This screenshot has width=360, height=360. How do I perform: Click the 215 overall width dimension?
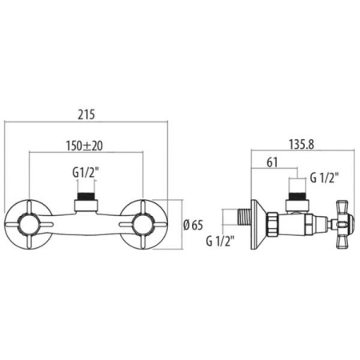(x=86, y=114)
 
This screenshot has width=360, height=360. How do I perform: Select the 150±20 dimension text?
(x=84, y=146)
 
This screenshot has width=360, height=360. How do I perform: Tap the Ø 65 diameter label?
(x=193, y=226)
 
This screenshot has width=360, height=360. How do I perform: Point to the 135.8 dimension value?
(x=302, y=145)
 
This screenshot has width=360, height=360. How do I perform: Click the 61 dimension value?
(x=272, y=162)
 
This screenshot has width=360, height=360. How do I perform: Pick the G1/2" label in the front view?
(x=86, y=173)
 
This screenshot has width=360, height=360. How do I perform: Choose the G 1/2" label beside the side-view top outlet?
(x=324, y=178)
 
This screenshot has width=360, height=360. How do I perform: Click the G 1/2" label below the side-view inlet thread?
(x=220, y=242)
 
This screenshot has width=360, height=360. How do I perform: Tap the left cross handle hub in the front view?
(x=29, y=225)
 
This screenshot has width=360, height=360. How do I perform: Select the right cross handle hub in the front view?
(x=143, y=225)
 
